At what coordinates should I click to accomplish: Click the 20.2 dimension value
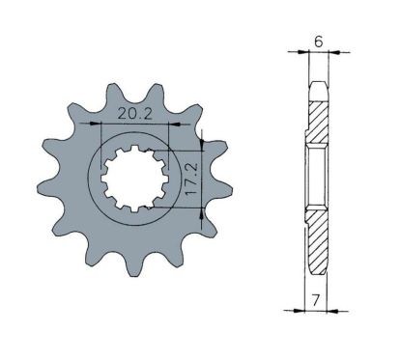(135, 114)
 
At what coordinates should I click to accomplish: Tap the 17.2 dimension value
(192, 178)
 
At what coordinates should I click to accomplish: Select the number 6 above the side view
(319, 42)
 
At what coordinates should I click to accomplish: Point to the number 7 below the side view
(316, 300)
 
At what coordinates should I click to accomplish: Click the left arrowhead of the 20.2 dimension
(97, 124)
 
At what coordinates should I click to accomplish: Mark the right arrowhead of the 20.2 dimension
(174, 124)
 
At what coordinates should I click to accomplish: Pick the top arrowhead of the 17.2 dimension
(202, 145)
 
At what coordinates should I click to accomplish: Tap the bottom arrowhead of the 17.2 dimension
(202, 213)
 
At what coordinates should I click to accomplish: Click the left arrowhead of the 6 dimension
(303, 51)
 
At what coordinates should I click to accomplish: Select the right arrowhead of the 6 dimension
(333, 51)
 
